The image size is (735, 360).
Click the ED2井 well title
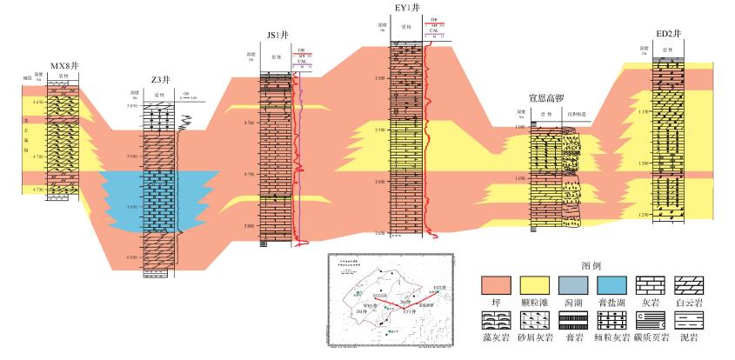point(669,34)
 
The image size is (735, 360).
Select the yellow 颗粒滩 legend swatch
point(537,285)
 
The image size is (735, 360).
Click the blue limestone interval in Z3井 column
point(157,200)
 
